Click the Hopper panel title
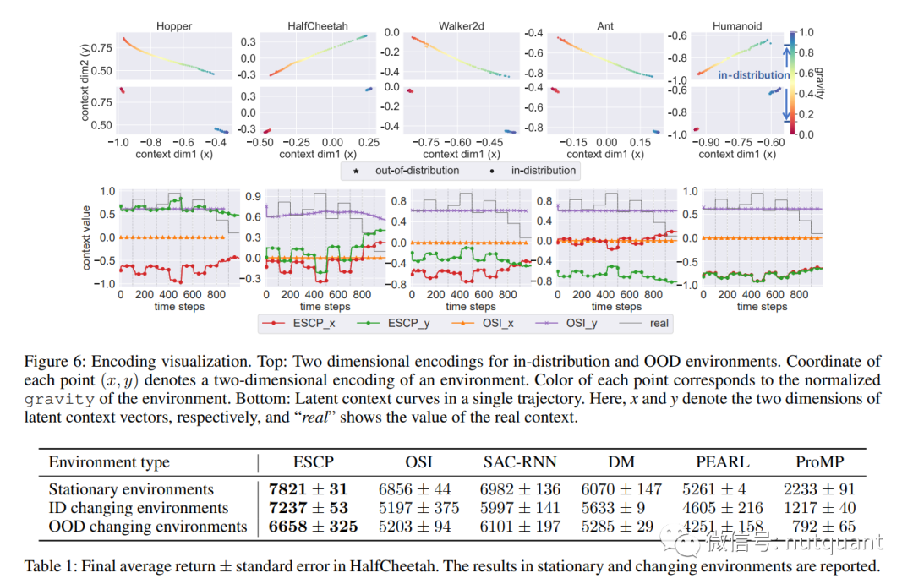(x=174, y=26)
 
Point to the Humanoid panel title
(x=737, y=26)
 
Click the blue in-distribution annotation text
(x=754, y=75)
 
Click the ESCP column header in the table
(x=313, y=462)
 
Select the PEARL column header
(x=722, y=462)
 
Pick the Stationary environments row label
(x=131, y=489)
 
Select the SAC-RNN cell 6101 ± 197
(x=520, y=527)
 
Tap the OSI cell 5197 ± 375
(x=418, y=508)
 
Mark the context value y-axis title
(x=86, y=237)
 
